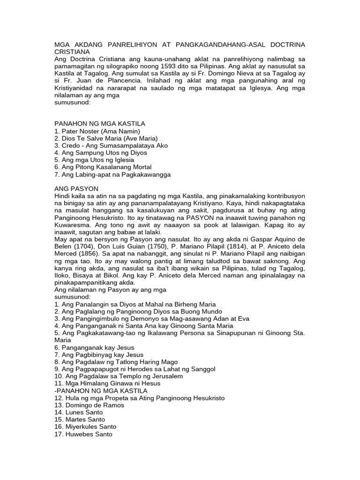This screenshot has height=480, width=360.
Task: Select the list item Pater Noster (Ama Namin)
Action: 97,131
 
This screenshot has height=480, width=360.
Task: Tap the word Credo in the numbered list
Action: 71,146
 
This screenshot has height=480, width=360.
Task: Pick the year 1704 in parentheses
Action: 82,247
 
